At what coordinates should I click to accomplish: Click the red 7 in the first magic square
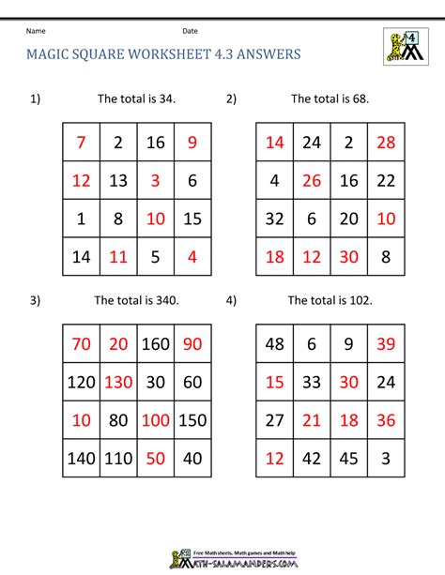[x=82, y=143]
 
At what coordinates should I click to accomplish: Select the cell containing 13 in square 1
[x=118, y=180]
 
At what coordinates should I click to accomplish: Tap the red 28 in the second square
[x=386, y=143]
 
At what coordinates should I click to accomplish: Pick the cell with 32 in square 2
[x=274, y=219]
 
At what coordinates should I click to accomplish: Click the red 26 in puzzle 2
[x=312, y=180]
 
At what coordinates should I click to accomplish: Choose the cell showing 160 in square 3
[x=156, y=344]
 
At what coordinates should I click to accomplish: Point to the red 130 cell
[x=118, y=382]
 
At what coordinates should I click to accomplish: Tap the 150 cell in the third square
[x=192, y=420]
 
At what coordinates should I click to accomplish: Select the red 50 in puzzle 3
[x=156, y=459]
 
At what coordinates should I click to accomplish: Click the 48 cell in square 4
[x=274, y=344]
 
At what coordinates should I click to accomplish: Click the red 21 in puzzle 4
[x=312, y=420]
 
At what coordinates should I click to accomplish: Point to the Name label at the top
[x=36, y=31]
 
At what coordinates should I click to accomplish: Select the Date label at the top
[x=190, y=31]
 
